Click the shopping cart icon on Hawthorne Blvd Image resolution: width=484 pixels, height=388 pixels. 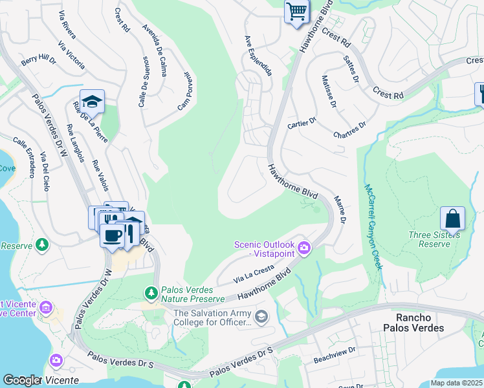pyautogui.click(x=296, y=11)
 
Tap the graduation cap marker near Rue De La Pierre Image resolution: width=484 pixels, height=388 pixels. pyautogui.click(x=93, y=102)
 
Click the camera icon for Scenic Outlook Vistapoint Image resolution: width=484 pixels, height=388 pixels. pyautogui.click(x=304, y=248)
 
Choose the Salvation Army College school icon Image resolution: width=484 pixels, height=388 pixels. pyautogui.click(x=261, y=316)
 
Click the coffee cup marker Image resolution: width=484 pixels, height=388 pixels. pyautogui.click(x=112, y=234)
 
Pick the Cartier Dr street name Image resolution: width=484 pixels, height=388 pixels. pyautogui.click(x=302, y=121)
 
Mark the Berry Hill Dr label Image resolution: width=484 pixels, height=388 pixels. pyautogui.click(x=39, y=60)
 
